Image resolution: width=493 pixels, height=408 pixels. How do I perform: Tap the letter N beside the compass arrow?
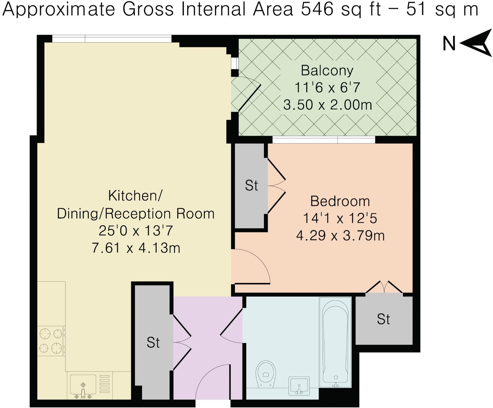click(449, 44)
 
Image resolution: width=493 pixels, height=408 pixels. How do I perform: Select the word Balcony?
click(327, 70)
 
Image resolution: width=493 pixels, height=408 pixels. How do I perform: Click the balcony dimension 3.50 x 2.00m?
click(328, 105)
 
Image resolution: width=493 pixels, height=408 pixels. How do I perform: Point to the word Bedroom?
click(340, 201)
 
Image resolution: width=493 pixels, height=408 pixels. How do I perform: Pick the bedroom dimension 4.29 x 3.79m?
click(340, 235)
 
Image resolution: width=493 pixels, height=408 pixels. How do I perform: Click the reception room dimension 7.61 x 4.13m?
click(136, 248)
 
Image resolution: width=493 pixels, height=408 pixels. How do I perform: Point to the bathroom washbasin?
click(299, 386)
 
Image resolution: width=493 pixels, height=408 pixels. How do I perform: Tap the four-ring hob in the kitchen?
click(51, 341)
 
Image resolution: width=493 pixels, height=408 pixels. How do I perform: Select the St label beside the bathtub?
click(384, 319)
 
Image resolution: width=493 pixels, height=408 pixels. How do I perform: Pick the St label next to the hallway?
click(153, 342)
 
